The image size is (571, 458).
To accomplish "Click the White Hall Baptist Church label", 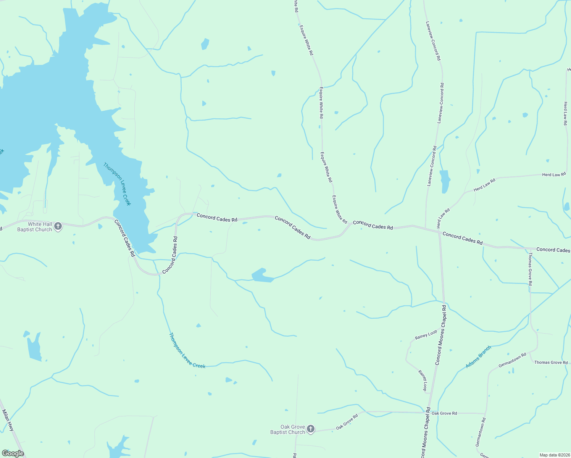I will tap(34, 227).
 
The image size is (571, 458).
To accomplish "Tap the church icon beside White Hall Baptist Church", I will tap(58, 227).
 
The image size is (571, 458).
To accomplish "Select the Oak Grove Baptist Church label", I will tap(287, 429).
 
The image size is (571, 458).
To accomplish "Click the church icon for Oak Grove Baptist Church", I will tap(311, 429).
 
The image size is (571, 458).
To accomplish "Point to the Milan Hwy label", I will tap(8, 420).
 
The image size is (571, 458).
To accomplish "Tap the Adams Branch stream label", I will tap(478, 357).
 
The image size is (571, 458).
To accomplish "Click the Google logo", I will tap(13, 453).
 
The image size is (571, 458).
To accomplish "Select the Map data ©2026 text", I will tap(554, 455).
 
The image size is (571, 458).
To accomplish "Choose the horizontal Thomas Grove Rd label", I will tap(551, 363).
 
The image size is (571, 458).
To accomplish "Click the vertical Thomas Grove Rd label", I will tap(530, 269).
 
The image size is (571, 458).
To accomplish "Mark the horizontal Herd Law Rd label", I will tap(554, 175).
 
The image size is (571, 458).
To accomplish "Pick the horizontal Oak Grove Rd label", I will tap(444, 413).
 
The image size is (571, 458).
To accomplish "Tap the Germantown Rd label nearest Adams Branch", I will tap(512, 360).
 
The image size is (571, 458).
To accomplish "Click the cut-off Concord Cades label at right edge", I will tap(553, 250).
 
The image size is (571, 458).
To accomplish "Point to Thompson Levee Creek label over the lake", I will tap(117, 184).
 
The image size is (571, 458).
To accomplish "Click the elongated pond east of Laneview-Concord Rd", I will tap(445, 181).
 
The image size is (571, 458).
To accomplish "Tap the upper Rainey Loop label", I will tap(426, 335).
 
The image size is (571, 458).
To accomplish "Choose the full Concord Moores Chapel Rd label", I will tap(441, 335).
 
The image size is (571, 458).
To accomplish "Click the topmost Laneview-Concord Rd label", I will tap(433, 41).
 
